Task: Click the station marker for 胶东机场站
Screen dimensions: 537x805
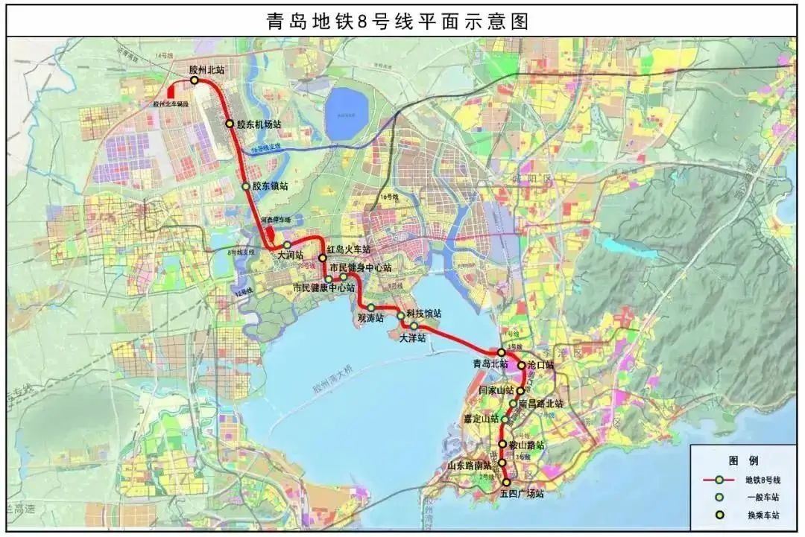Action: (x=230, y=124)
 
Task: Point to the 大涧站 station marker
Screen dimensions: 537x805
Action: (x=287, y=245)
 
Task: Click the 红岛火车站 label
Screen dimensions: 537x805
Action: (x=348, y=250)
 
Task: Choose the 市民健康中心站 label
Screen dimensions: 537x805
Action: (x=323, y=287)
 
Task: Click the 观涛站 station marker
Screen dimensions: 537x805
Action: (x=370, y=307)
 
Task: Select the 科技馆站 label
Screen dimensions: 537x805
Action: (x=423, y=314)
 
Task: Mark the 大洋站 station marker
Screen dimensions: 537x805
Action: (x=414, y=325)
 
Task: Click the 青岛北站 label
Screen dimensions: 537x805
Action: (x=490, y=364)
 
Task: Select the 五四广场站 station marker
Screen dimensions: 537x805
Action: (x=507, y=483)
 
